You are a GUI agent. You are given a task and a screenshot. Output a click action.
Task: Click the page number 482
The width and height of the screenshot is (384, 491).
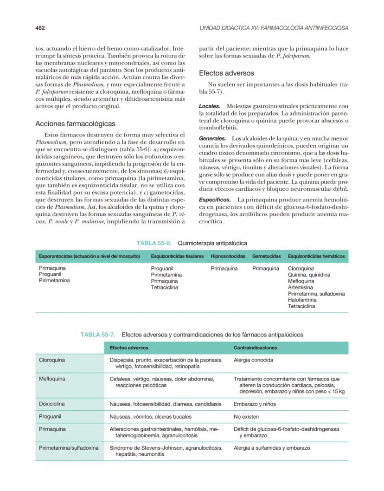click(x=40, y=28)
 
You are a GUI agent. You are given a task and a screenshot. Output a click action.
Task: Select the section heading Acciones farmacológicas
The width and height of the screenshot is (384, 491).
click(x=75, y=124)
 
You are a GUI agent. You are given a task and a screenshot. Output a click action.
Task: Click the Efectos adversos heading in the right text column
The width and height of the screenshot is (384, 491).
click(x=226, y=73)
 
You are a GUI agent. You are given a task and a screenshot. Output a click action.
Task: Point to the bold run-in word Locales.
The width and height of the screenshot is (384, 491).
click(x=209, y=106)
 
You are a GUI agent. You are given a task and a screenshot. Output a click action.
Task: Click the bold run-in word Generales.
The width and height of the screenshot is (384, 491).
click(x=212, y=138)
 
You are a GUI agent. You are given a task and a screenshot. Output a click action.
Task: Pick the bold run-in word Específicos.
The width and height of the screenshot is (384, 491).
click(x=214, y=199)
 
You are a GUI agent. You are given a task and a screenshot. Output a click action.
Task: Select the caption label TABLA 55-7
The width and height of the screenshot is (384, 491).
click(x=98, y=334)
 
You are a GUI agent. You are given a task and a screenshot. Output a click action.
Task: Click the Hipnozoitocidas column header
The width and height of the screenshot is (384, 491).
click(x=228, y=256)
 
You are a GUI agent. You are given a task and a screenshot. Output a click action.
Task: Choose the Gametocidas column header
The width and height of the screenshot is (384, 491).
click(x=266, y=256)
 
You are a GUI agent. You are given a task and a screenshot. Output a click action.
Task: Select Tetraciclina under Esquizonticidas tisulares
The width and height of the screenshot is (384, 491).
click(x=164, y=287)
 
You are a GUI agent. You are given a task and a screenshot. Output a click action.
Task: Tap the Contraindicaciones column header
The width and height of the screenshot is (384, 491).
click(x=255, y=348)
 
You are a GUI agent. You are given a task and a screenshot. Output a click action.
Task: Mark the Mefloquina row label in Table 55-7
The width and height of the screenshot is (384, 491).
click(x=52, y=379)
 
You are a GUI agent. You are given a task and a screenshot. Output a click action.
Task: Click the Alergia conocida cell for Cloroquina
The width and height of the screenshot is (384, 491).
click(x=253, y=360)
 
